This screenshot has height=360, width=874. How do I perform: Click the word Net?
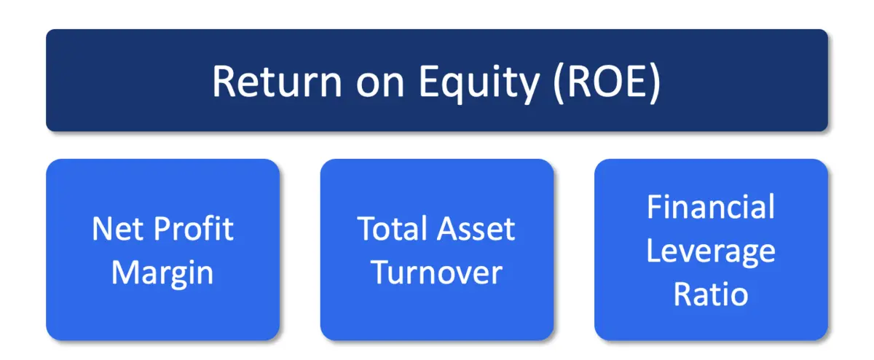point(115,230)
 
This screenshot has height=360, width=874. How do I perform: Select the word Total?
point(392,230)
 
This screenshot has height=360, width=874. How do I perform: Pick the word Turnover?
point(437,273)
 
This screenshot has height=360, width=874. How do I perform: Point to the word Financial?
point(711,208)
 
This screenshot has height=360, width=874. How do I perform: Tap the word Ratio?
point(711,294)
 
